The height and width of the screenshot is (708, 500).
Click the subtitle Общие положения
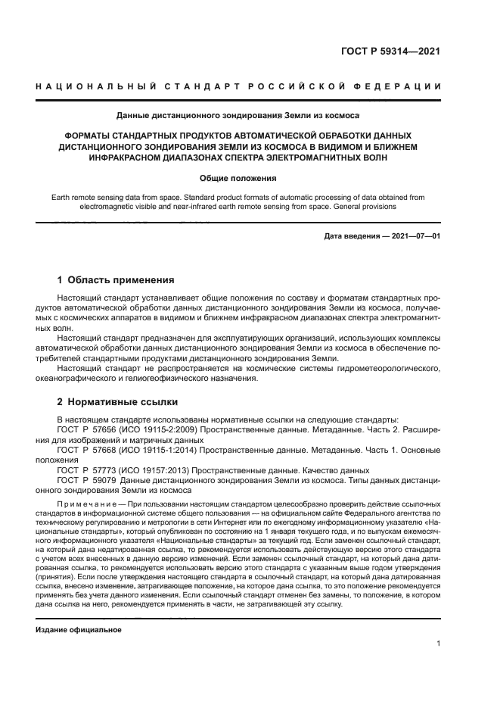[x=238, y=178]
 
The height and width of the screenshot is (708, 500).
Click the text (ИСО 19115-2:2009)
[x=155, y=429]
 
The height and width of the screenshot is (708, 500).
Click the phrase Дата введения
[x=353, y=236]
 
